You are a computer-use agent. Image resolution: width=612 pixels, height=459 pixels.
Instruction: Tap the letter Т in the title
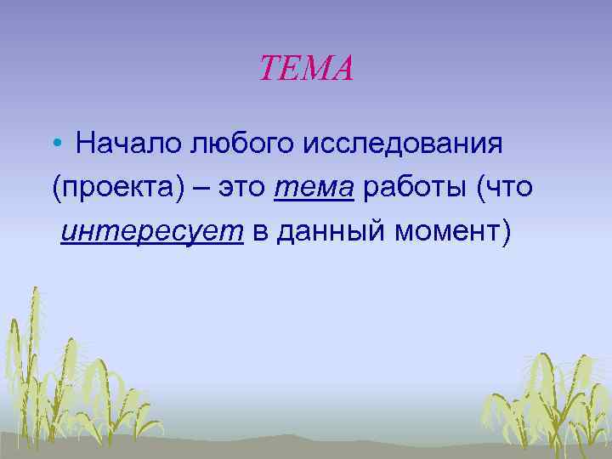click(269, 68)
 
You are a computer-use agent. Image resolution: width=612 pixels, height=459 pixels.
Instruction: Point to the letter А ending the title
click(342, 68)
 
